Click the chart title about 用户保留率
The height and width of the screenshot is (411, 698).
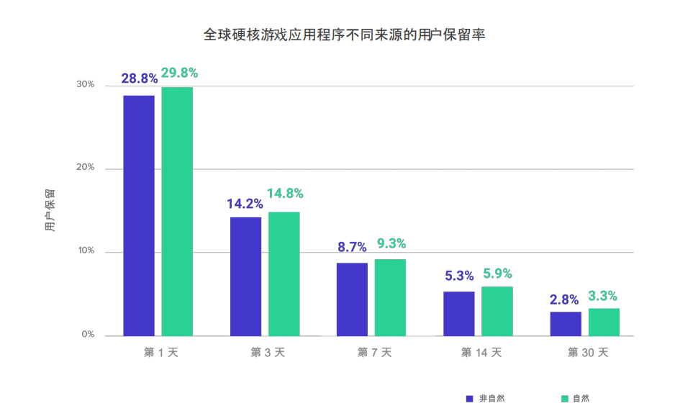tap(344, 35)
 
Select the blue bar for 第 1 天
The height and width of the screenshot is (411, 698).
tap(139, 215)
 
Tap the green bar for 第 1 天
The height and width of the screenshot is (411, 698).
tap(177, 212)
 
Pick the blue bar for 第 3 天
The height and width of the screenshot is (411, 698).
tap(245, 276)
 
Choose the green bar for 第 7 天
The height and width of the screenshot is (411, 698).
tap(390, 297)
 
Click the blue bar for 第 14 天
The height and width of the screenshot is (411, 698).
tap(459, 314)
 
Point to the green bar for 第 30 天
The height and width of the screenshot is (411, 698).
tap(604, 322)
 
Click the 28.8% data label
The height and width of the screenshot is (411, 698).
tap(140, 78)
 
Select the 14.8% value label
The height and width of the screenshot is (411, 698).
tap(285, 193)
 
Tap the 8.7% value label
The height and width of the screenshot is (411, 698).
tap(352, 247)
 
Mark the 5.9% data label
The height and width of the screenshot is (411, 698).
tap(498, 274)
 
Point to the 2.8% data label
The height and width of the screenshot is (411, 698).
tap(564, 299)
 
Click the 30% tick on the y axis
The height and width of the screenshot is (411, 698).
tap(85, 84)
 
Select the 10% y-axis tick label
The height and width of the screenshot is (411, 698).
tap(86, 250)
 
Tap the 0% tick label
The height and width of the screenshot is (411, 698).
tap(88, 334)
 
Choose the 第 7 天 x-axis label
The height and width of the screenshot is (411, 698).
tap(374, 353)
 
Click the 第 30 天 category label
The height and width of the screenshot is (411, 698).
tap(588, 353)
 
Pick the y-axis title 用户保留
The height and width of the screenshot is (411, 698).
tap(50, 210)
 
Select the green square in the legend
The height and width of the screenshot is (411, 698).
tap(565, 399)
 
